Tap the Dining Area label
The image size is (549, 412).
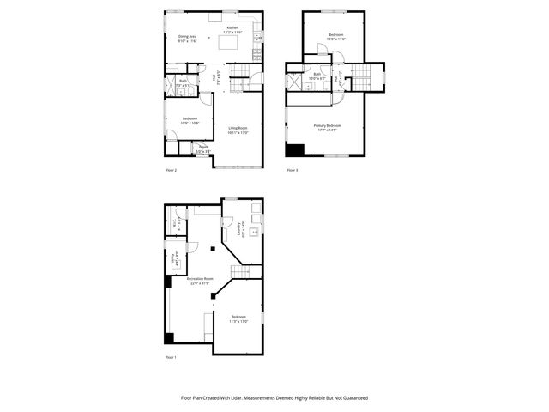[x=188, y=37]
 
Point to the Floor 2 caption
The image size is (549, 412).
[x=171, y=170]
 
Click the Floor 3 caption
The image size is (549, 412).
[x=293, y=170]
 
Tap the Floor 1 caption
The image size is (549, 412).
[x=170, y=357]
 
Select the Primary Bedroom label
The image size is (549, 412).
[x=328, y=127]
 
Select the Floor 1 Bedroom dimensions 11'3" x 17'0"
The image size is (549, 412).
[x=238, y=321]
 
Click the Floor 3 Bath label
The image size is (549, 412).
[x=317, y=76]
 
